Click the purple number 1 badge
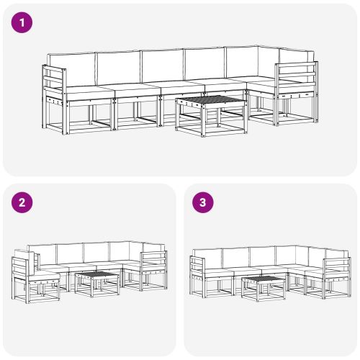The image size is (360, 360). tap(23, 22)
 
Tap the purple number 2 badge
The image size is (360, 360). tap(23, 202)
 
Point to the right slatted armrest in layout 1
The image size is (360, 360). tap(295, 78)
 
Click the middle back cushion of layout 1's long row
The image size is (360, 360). tap(161, 66)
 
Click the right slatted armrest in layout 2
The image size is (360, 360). tap(153, 262)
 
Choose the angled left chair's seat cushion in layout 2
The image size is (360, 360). tap(43, 274)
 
